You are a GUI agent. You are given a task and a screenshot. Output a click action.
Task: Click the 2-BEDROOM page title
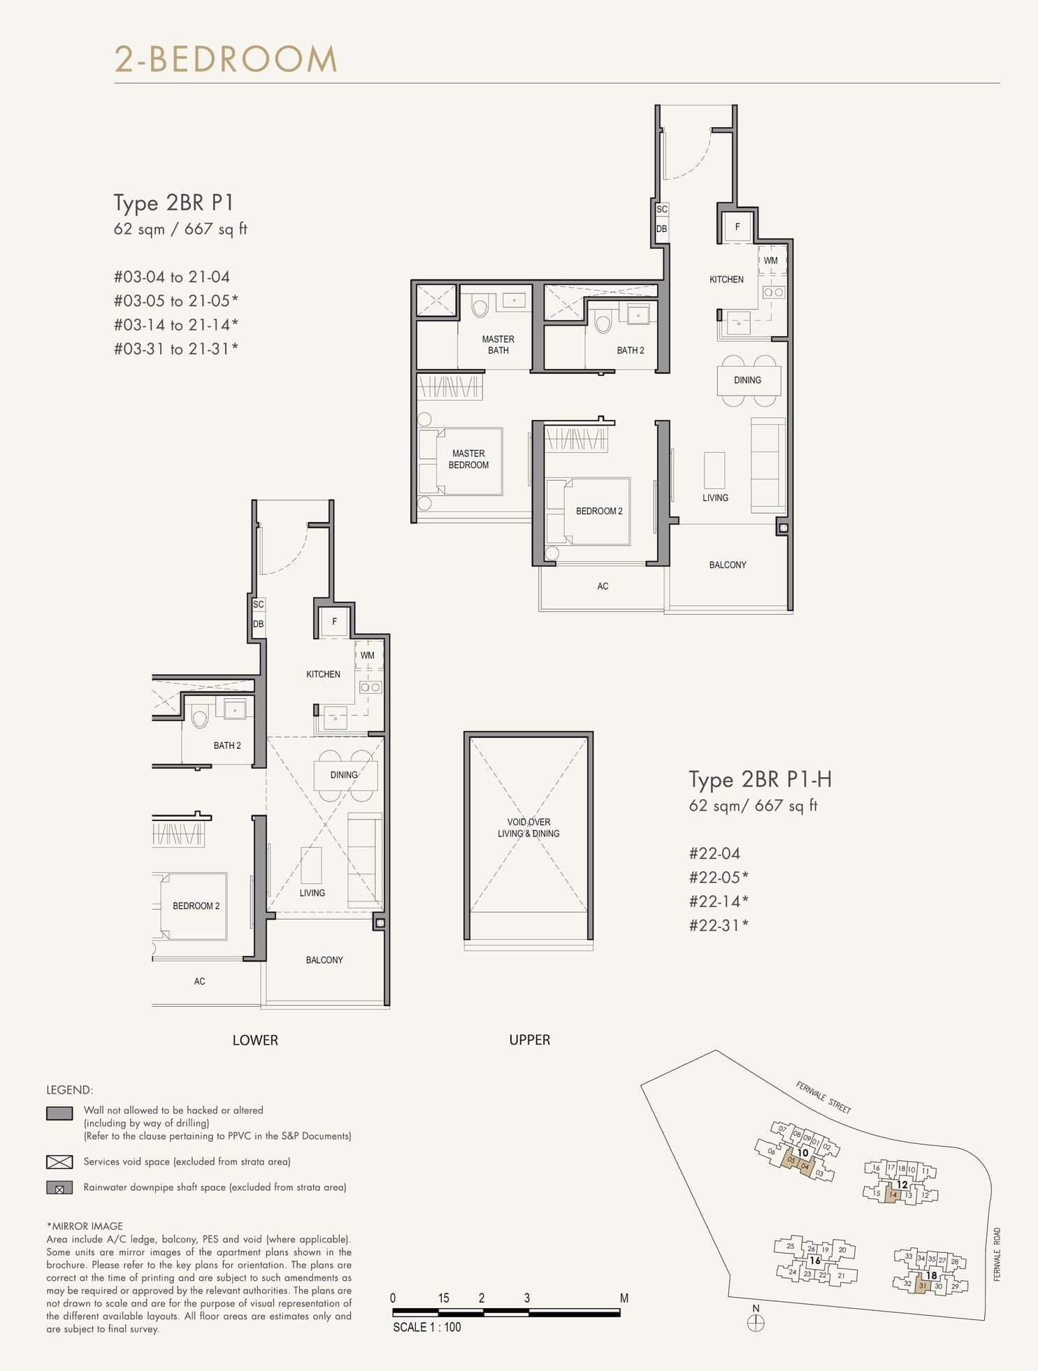pyautogui.click(x=226, y=59)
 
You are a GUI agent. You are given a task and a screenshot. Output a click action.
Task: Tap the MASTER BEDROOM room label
pyautogui.click(x=468, y=459)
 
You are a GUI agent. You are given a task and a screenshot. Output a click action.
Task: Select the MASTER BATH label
pyautogui.click(x=498, y=344)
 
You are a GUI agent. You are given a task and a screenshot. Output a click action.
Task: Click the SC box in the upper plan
pyautogui.click(x=661, y=209)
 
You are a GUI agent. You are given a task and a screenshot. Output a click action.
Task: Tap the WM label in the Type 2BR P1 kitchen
pyautogui.click(x=770, y=261)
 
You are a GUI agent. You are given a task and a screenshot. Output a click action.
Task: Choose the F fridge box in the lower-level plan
pyautogui.click(x=334, y=621)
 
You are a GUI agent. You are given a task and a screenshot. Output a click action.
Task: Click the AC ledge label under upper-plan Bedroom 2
pyautogui.click(x=603, y=586)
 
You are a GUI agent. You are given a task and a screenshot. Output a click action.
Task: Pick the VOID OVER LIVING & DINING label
pyautogui.click(x=528, y=827)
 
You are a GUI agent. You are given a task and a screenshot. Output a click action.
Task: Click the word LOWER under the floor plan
pyautogui.click(x=255, y=1040)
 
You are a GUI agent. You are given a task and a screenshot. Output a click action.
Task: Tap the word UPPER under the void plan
pyautogui.click(x=529, y=1040)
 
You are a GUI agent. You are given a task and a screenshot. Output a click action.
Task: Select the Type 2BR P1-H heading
pyautogui.click(x=760, y=779)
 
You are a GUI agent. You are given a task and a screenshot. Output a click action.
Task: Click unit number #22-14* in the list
pyautogui.click(x=719, y=901)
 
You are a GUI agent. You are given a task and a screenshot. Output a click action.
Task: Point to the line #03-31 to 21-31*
pyautogui.click(x=175, y=349)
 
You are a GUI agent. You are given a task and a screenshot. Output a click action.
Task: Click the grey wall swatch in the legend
pyautogui.click(x=59, y=1113)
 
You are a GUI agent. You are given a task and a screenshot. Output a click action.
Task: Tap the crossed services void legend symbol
pyautogui.click(x=59, y=1161)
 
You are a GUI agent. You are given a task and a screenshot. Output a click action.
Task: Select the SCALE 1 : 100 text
pyautogui.click(x=426, y=1327)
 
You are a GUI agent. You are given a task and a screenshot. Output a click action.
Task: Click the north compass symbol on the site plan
pyautogui.click(x=756, y=1322)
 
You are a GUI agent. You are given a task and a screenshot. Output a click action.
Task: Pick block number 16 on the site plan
pyautogui.click(x=815, y=1261)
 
